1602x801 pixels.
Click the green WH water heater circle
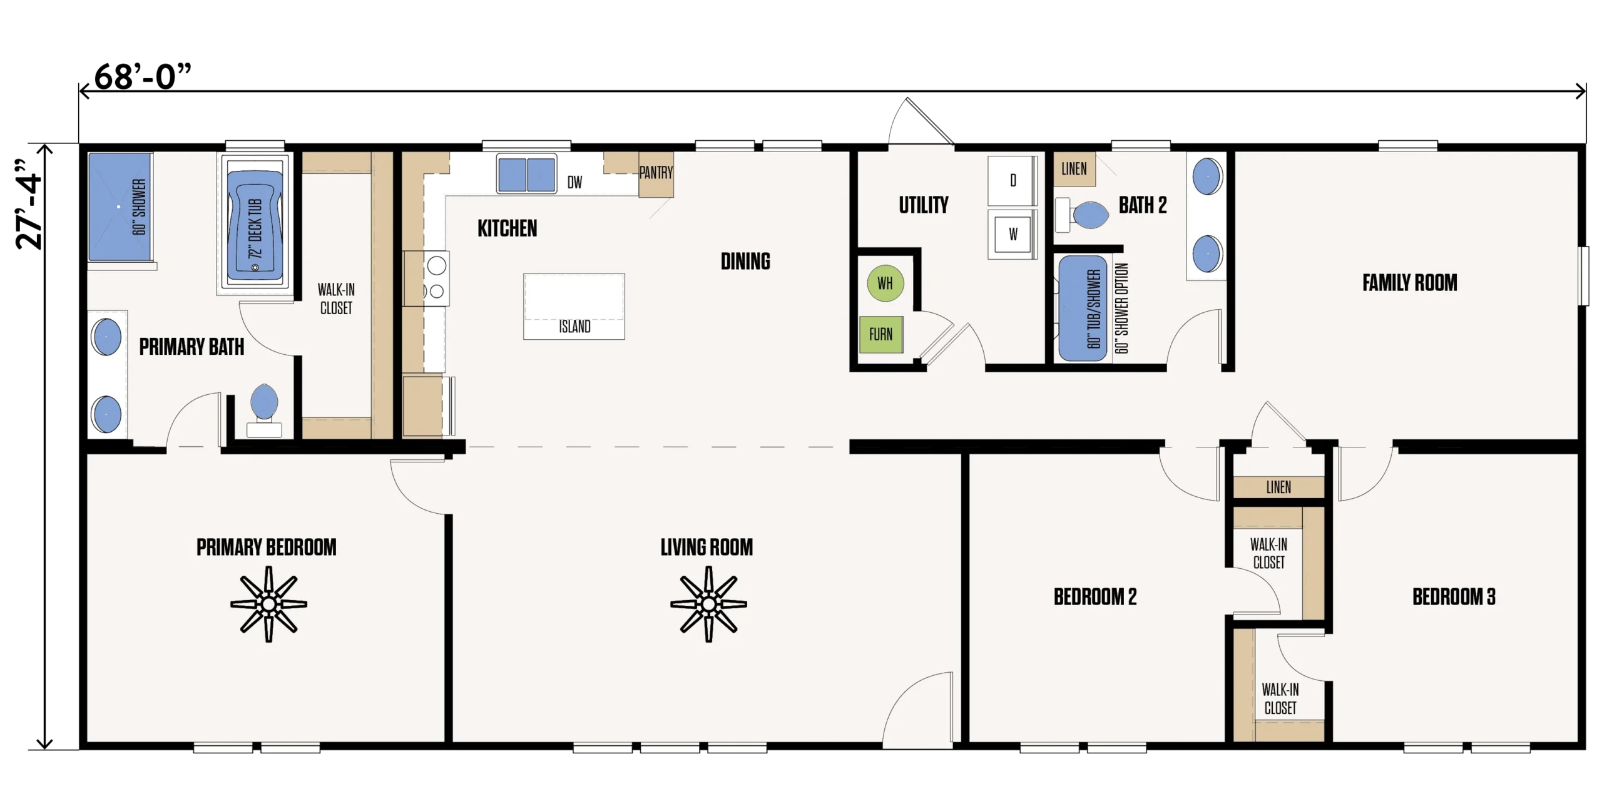[x=885, y=283]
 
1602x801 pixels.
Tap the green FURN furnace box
[x=880, y=334]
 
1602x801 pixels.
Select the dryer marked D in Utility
[x=1013, y=181]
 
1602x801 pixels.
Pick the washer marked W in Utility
[x=1013, y=234]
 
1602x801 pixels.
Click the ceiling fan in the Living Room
[x=708, y=604]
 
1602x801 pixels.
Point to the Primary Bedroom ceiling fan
[x=268, y=604]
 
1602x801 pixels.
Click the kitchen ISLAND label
[x=574, y=327]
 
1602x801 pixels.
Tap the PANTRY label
[x=656, y=173]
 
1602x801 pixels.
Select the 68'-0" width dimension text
[x=143, y=76]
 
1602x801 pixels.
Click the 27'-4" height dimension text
[x=29, y=205]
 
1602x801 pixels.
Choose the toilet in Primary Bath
[x=264, y=411]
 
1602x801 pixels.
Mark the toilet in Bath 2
[x=1082, y=215]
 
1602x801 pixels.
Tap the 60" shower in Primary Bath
[x=120, y=207]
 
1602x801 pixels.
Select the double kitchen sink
[x=527, y=174]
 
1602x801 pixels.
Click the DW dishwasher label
[x=574, y=182]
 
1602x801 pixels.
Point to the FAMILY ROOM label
[x=1409, y=283]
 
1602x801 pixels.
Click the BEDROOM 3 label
[x=1454, y=597]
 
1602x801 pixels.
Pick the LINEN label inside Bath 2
[x=1074, y=169]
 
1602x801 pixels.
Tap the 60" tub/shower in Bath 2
[x=1083, y=308]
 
